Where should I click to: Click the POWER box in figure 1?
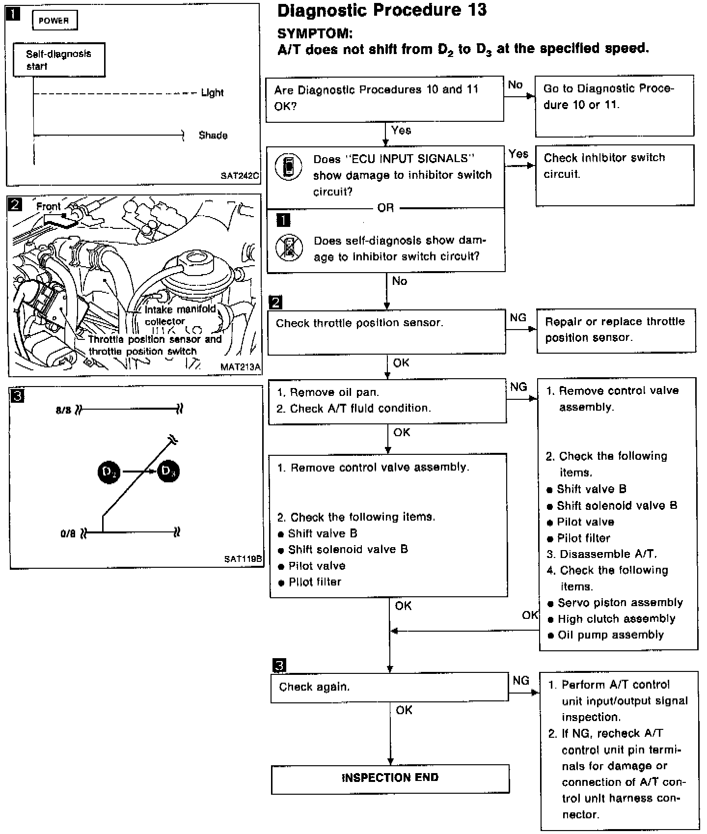point(54,21)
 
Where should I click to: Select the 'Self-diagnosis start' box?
point(59,60)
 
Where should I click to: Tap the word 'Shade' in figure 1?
point(213,136)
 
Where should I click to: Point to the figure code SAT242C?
point(240,176)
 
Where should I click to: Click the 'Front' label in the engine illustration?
point(49,207)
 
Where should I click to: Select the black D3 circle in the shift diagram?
point(168,472)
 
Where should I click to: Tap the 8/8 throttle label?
point(63,410)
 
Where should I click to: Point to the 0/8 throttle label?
point(68,533)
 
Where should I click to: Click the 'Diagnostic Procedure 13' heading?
point(382,10)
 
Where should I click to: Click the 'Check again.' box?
point(389,687)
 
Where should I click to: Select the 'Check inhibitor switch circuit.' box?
point(614,175)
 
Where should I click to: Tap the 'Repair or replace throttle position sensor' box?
point(616,330)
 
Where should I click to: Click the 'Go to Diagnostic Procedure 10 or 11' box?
point(614,106)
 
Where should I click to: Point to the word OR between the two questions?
point(385,208)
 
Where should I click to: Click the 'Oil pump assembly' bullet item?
point(610,635)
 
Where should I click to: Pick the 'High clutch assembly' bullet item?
point(616,619)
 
